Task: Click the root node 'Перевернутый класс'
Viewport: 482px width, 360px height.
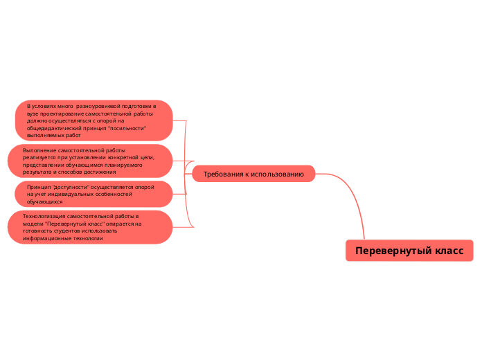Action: tap(409, 251)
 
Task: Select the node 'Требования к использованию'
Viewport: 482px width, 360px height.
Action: tap(253, 174)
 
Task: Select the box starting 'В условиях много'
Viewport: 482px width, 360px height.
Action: tap(93, 120)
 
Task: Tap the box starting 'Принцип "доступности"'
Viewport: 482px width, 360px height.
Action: tap(93, 194)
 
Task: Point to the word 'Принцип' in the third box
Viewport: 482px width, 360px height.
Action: tap(39, 187)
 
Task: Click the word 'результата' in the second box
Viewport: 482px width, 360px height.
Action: tap(38, 172)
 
